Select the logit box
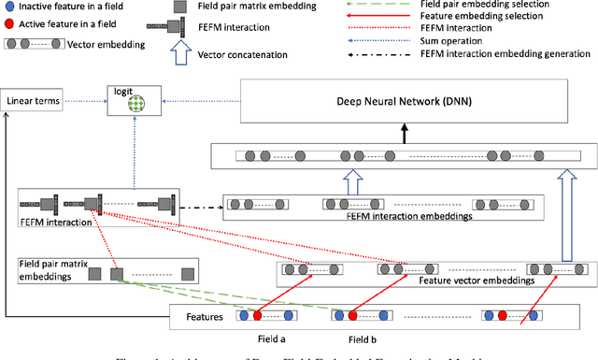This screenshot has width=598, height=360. (x=135, y=98)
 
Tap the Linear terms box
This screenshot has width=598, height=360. (x=34, y=99)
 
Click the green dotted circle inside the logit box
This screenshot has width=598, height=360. (x=138, y=106)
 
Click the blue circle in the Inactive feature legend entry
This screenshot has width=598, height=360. (x=9, y=7)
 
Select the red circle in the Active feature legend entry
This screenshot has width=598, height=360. (x=9, y=22)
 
